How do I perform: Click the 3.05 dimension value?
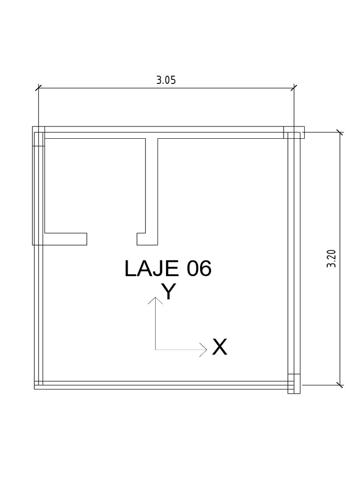pyautogui.click(x=166, y=80)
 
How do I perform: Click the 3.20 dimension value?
pyautogui.click(x=331, y=259)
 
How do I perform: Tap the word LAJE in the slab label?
pyautogui.click(x=151, y=269)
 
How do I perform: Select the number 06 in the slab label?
pyautogui.click(x=199, y=269)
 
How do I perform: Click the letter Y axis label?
pyautogui.click(x=169, y=291)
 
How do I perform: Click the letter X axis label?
pyautogui.click(x=220, y=347)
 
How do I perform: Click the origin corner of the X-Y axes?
pyautogui.click(x=156, y=349)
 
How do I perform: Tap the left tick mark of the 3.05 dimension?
pyautogui.click(x=38, y=88)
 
